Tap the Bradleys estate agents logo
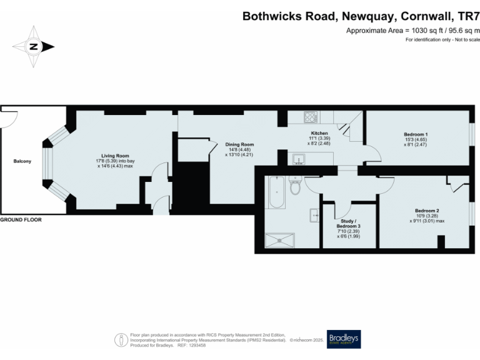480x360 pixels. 344,339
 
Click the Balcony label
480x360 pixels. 22,162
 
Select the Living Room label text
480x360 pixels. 116,156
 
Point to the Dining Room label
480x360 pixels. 239,144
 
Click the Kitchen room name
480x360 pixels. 319,134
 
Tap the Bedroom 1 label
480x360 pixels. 416,134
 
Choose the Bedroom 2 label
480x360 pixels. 427,210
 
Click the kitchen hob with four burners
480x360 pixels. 311,117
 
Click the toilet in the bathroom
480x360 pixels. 297,186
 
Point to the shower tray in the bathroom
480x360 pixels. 281,238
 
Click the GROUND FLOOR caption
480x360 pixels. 24,220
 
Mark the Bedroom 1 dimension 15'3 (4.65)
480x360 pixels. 416,140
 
